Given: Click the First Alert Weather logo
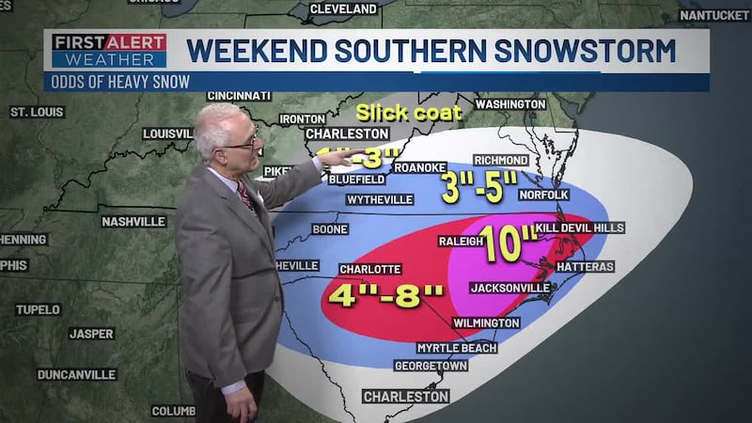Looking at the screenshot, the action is pyautogui.click(x=109, y=51).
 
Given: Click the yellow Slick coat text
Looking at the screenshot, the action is pyautogui.click(x=397, y=113).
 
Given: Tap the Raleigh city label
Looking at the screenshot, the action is pyautogui.click(x=461, y=242).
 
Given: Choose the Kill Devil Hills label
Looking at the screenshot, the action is pyautogui.click(x=579, y=228).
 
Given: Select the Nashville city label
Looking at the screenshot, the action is pyautogui.click(x=133, y=222).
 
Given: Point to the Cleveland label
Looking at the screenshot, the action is pyautogui.click(x=342, y=9).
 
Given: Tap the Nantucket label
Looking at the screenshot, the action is pyautogui.click(x=715, y=16).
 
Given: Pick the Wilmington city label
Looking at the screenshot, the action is pyautogui.click(x=486, y=322).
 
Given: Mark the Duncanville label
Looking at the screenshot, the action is pyautogui.click(x=76, y=374).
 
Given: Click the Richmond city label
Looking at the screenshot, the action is pyautogui.click(x=502, y=161).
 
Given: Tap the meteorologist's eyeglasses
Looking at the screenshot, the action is pyautogui.click(x=241, y=141).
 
